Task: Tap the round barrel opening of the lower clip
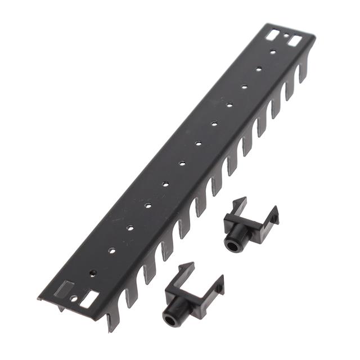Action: pos(170,317)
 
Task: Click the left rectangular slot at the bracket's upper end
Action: pos(272,35)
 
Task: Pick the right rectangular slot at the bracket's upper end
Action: pos(295,41)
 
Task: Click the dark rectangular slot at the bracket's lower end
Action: pos(66,287)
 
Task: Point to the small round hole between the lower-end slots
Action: pos(74,299)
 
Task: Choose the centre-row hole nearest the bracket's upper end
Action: pos(272,52)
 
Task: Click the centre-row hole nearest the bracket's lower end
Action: pos(93,273)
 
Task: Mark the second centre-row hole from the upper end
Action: pos(259,69)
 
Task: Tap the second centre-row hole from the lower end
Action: pos(111,250)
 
